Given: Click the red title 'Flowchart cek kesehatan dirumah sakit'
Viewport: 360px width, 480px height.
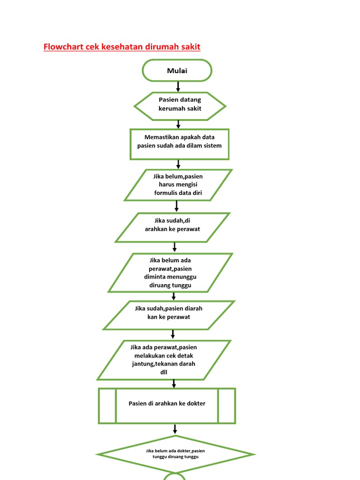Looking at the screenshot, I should [x=122, y=47].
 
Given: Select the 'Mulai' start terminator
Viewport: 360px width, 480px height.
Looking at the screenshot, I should [x=177, y=71].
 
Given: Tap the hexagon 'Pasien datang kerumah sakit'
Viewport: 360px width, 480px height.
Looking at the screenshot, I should [x=180, y=104].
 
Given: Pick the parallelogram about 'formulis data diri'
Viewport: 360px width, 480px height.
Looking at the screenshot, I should [x=178, y=185].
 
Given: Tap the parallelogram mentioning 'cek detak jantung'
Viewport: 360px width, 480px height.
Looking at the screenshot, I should [x=164, y=360].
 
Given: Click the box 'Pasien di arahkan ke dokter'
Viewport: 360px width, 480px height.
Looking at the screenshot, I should [x=167, y=404].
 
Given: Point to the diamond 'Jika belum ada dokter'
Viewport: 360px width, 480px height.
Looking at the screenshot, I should [x=176, y=454].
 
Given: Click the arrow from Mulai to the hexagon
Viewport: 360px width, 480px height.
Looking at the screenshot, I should [x=178, y=87].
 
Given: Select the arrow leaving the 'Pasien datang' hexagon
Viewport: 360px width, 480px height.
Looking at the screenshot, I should [x=178, y=124].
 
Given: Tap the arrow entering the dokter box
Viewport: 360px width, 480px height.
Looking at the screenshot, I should [x=174, y=383].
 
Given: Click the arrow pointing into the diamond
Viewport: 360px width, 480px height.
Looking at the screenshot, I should [x=175, y=429].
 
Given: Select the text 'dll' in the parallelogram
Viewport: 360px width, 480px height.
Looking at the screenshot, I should [x=164, y=372].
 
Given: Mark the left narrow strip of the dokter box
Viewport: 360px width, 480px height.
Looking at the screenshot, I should [x=107, y=405].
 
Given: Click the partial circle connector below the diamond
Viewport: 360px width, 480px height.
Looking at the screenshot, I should [x=174, y=476].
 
